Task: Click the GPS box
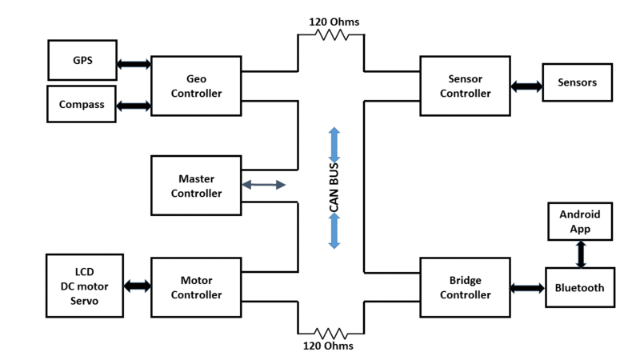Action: tap(82, 60)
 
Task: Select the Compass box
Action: tap(82, 104)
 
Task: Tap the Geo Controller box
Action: tap(196, 86)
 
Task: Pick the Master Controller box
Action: tap(196, 186)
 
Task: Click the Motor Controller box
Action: tap(196, 287)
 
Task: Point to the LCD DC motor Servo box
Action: tap(85, 286)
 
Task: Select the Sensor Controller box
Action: tap(466, 86)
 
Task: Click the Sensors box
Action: tap(578, 82)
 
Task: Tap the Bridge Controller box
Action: tap(466, 287)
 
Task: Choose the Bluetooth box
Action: tap(580, 288)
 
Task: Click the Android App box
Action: tap(580, 222)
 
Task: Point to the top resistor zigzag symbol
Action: tap(332, 35)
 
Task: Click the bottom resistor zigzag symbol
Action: tap(331, 334)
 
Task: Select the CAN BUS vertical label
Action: tap(334, 187)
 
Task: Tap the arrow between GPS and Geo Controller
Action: tap(134, 64)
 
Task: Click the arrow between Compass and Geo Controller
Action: tap(134, 106)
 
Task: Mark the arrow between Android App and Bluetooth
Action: tap(581, 254)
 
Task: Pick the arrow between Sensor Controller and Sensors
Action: tap(526, 86)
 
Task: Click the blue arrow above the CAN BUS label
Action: tap(334, 146)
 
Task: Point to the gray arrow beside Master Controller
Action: tap(264, 185)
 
